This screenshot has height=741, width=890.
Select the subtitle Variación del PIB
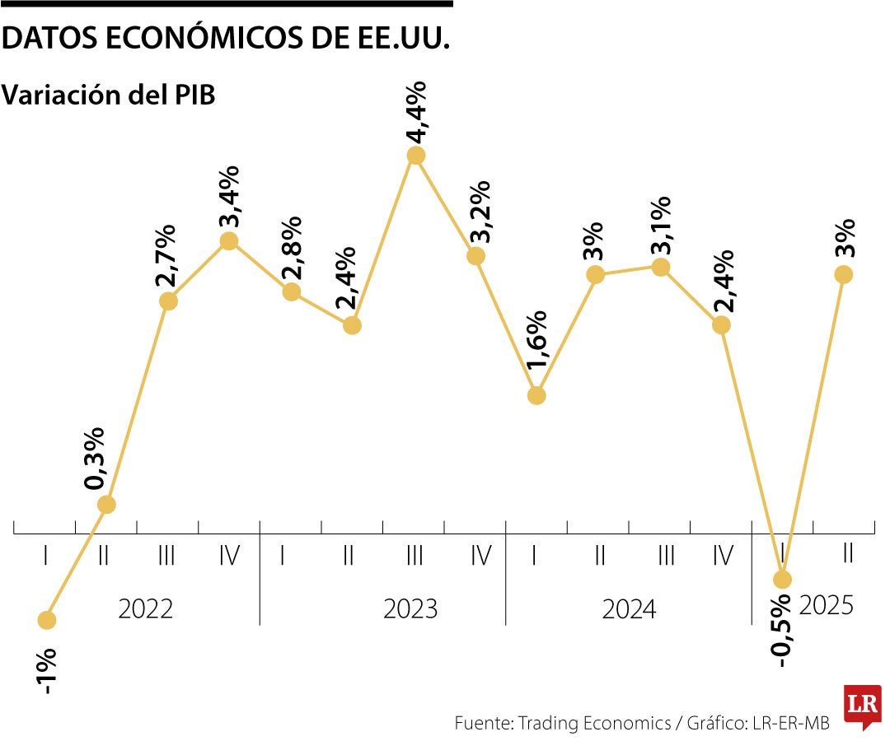point(109,95)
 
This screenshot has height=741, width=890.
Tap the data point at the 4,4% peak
point(416,156)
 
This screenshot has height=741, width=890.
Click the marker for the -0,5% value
point(782,579)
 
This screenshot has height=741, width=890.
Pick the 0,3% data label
point(96,458)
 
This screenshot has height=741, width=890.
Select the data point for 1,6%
point(536,396)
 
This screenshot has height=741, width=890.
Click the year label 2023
point(410,609)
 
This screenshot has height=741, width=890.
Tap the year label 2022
point(145,609)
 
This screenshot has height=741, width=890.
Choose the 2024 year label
point(629,609)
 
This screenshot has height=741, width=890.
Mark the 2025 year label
point(827,606)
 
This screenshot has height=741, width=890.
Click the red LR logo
point(862,706)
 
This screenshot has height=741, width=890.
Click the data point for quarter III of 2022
point(168,301)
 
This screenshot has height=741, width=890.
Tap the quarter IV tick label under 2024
point(722,557)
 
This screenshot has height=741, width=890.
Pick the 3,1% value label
point(660,225)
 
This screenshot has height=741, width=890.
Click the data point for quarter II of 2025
point(843,274)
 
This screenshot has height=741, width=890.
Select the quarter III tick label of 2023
point(415,557)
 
